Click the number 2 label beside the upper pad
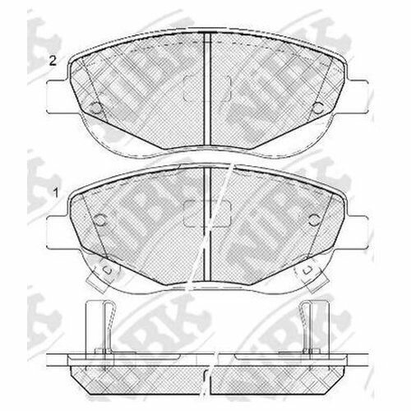pos(53,61)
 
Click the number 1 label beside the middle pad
pos(56,193)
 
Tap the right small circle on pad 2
pos(318,108)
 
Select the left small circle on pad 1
pos(100,219)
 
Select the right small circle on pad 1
pos(314,219)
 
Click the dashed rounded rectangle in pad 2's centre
pos(207,89)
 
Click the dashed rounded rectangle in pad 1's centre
pos(207,214)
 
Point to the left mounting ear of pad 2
pos(58,96)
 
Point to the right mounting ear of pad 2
pos(356,96)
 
